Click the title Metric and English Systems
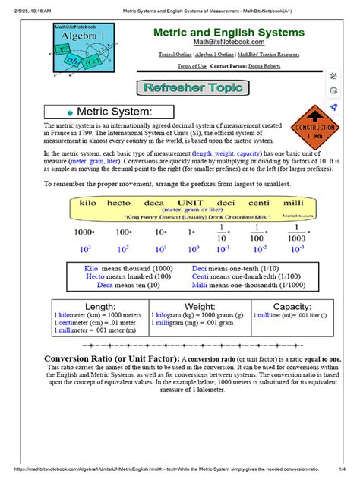tap(229, 33)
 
